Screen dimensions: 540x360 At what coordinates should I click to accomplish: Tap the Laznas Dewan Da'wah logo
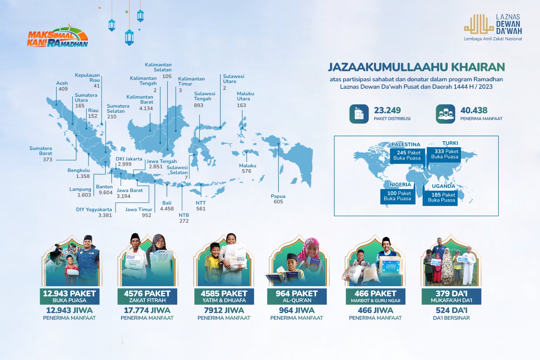[x=493, y=27]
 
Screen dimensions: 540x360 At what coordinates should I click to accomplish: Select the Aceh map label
[x=62, y=83]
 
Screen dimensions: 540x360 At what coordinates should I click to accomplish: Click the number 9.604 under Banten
[x=106, y=192]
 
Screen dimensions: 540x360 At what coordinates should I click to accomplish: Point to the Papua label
[x=278, y=196]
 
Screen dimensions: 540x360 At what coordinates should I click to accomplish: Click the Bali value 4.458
[x=167, y=209]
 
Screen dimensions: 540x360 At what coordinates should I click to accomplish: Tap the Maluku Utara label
[x=245, y=96]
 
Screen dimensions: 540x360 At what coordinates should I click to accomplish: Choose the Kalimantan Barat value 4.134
[x=146, y=109]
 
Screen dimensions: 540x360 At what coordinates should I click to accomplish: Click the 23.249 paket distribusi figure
[x=387, y=110]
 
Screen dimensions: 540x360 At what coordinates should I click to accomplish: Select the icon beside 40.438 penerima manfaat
[x=445, y=114]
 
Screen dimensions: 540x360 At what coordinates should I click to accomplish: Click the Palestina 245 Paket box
[x=407, y=155]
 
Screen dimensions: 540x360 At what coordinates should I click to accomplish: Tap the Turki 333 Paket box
[x=444, y=154]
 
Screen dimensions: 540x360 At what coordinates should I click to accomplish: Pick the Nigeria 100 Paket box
[x=398, y=196]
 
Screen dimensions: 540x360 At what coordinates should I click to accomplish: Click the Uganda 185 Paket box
[x=440, y=198]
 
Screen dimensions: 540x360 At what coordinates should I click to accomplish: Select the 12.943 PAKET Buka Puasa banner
[x=70, y=296]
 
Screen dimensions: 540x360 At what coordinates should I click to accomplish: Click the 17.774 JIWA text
[x=147, y=310]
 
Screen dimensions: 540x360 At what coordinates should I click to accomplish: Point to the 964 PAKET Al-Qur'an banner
[x=297, y=296]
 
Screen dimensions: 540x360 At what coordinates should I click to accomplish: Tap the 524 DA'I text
[x=451, y=310]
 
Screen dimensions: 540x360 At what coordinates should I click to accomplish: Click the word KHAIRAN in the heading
[x=478, y=67]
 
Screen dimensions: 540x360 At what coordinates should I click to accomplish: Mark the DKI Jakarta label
[x=129, y=159]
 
